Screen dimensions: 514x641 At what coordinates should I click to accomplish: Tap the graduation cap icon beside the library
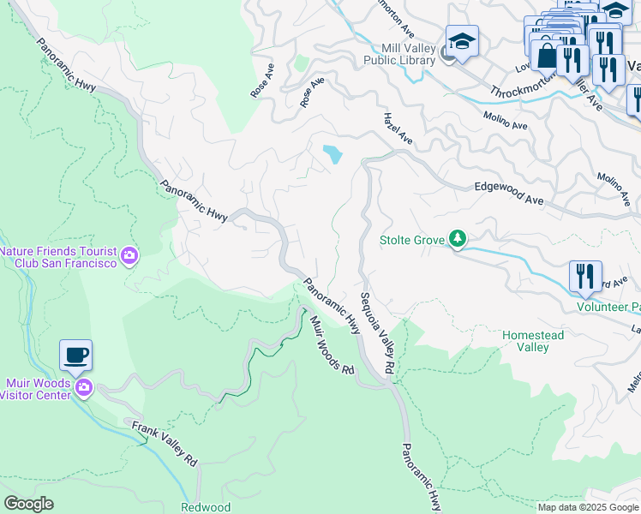click(x=462, y=41)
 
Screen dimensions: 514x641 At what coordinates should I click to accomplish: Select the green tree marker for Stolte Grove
click(x=458, y=239)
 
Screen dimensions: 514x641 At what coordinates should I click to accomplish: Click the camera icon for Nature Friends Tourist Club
click(x=129, y=255)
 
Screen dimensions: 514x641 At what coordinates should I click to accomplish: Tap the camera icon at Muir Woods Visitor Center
click(x=84, y=388)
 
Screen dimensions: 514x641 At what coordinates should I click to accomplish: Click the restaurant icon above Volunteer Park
click(x=585, y=276)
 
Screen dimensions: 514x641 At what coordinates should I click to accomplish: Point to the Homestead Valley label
click(x=532, y=341)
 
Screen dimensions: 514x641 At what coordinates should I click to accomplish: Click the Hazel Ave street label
click(x=398, y=128)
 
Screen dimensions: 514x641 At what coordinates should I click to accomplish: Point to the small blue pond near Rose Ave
click(x=332, y=155)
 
